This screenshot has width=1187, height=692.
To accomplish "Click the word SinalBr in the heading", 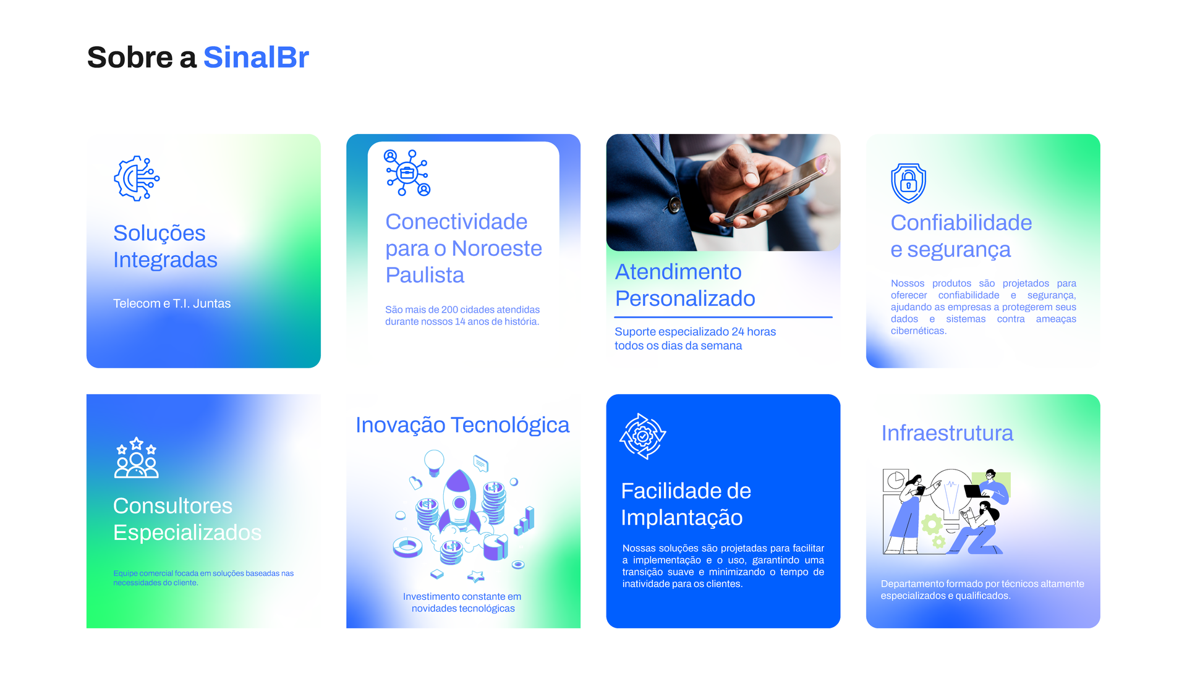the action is [x=256, y=57].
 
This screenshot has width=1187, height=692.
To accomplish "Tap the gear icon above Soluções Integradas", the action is [x=137, y=179].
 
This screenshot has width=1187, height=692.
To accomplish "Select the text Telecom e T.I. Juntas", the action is [x=172, y=303].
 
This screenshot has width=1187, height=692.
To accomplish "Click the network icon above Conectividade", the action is [x=407, y=173].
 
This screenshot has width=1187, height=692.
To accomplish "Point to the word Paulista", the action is [x=425, y=275].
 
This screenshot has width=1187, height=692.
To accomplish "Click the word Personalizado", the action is [x=685, y=298].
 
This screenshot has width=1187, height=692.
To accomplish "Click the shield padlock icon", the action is [x=908, y=183].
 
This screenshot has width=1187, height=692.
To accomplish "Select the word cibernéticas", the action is [x=919, y=331].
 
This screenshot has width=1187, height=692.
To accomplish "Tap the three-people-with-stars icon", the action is [x=137, y=458].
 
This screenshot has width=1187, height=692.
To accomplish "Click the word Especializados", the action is [x=187, y=533].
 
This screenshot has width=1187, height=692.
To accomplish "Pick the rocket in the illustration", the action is [x=459, y=500].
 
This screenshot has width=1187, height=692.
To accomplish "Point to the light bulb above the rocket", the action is [x=435, y=462].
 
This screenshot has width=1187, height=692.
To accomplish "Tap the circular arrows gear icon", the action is [x=643, y=436].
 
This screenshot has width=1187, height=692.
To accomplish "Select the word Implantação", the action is [x=682, y=518].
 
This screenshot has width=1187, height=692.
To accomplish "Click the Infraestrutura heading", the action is [x=947, y=433].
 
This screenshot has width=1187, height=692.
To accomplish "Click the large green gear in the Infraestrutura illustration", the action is [x=932, y=525].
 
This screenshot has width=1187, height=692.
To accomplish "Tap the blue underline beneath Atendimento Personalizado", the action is [x=723, y=317].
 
